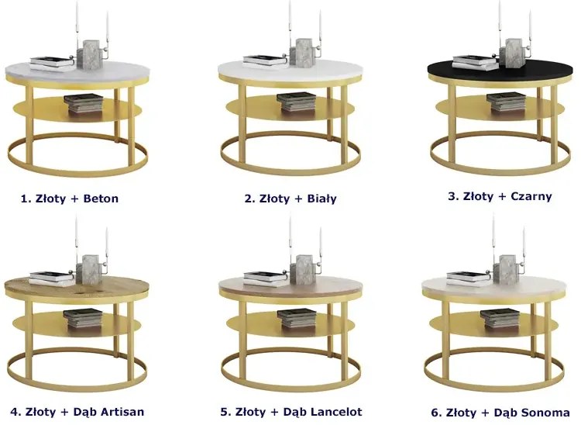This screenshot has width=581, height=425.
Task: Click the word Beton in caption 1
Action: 101,199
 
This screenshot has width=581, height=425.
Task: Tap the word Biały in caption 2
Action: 321,199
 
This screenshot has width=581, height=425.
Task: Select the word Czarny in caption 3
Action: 531,196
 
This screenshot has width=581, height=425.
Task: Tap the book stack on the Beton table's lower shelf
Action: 84,103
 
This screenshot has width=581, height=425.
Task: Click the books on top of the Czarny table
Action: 475,63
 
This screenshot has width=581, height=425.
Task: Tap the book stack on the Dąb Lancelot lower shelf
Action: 297,318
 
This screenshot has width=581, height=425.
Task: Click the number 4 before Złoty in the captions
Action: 15,412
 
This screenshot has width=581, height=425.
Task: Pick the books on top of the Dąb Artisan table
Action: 51,279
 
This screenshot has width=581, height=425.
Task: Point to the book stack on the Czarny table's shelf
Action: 506,102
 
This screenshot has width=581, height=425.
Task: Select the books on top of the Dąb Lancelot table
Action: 265,279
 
